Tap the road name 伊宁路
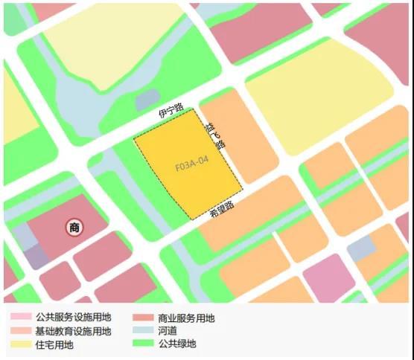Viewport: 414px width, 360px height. [x=171, y=112]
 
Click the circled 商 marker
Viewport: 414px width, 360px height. [x=74, y=228]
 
